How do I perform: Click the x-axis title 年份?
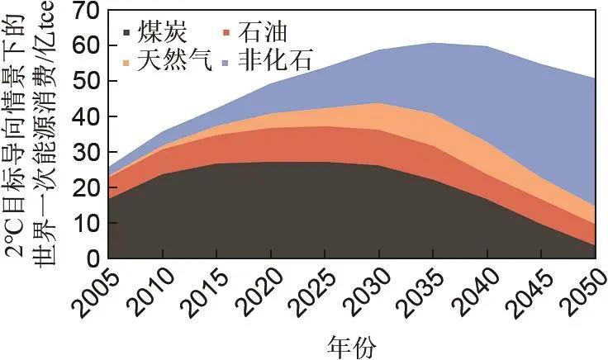(x=350, y=343)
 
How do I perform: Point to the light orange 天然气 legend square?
(x=126, y=62)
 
